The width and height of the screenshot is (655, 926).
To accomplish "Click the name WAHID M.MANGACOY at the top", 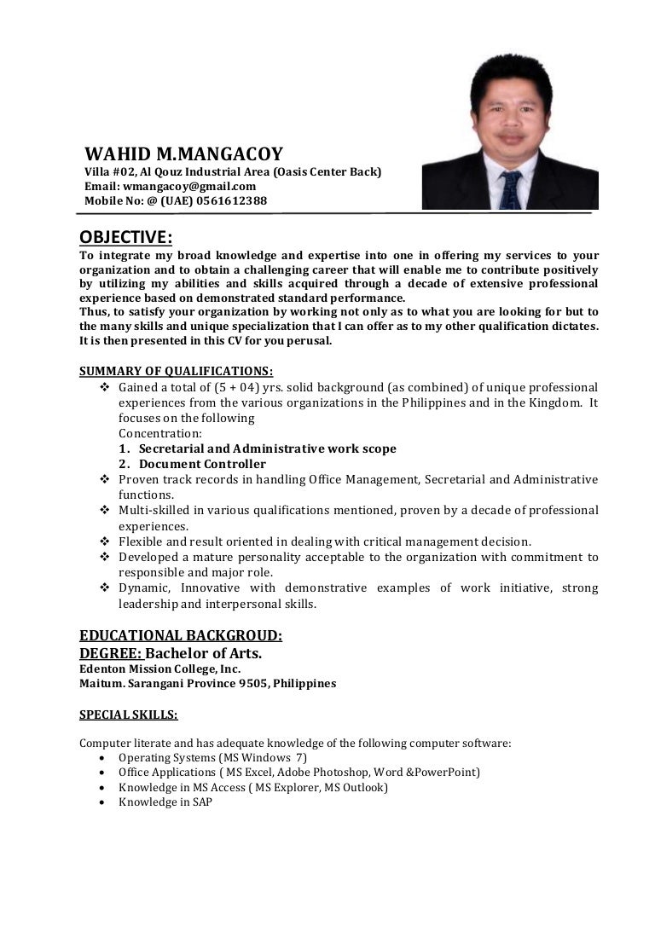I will (183, 154).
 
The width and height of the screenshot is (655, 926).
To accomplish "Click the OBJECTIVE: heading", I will (125, 236).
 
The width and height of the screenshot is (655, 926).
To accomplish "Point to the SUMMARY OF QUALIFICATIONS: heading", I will (177, 371).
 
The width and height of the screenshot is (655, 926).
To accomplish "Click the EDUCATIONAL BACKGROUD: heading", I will (181, 635).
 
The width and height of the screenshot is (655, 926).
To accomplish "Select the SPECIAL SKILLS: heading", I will (129, 715).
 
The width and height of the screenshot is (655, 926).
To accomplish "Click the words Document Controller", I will (202, 464).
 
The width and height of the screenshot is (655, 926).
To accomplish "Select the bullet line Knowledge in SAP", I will (165, 802).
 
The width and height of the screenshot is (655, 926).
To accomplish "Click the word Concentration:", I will (160, 433).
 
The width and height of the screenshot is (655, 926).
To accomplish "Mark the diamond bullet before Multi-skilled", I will (105, 511).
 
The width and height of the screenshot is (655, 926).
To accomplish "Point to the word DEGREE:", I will (111, 653).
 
